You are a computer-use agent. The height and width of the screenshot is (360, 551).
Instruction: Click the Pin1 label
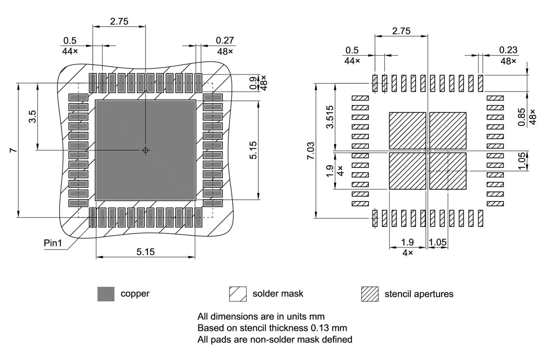point(53,243)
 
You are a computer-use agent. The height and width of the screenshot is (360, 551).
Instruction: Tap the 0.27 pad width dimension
point(225,40)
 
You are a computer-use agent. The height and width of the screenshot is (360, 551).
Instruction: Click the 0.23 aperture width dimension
point(508,50)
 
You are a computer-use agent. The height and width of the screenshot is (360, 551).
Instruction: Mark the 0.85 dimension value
point(522,117)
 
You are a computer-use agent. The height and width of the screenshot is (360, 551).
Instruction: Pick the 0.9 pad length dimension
point(253,81)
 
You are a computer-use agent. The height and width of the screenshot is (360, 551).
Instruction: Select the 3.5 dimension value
point(32,116)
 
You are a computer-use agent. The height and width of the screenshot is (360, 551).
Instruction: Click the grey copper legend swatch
point(106,294)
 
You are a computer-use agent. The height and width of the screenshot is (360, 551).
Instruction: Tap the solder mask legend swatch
point(238,294)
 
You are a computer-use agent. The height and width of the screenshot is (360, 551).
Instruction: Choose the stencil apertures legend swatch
point(369,294)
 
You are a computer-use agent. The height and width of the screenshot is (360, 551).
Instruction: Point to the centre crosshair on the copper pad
point(145,150)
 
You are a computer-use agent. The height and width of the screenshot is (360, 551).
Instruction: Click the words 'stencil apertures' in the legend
point(418,294)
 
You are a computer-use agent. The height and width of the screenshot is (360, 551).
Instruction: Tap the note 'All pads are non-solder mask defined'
point(275,339)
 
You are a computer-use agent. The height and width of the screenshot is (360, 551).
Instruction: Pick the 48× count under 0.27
point(225,51)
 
